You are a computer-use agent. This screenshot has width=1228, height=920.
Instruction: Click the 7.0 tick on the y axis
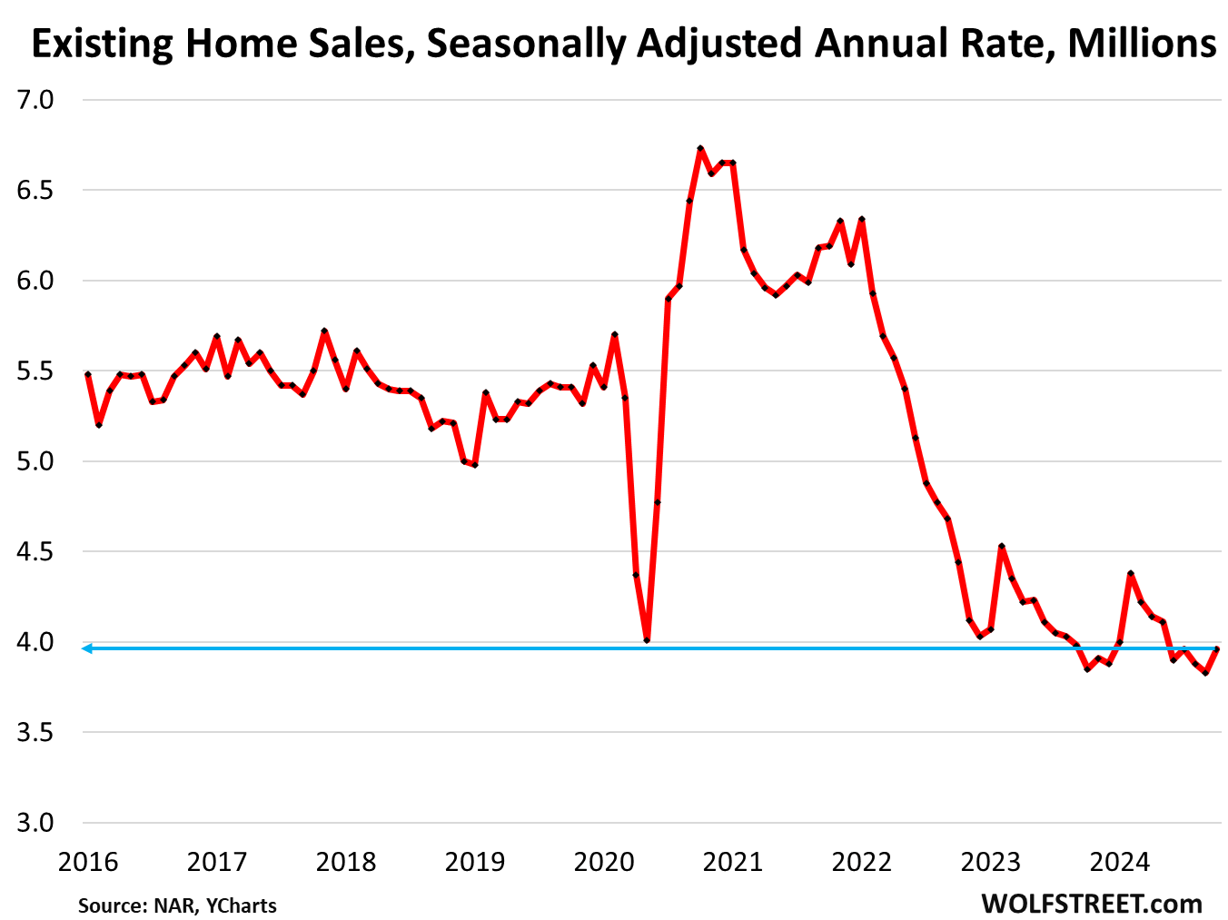pyautogui.click(x=35, y=100)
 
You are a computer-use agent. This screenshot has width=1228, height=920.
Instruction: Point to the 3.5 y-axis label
pyautogui.click(x=35, y=733)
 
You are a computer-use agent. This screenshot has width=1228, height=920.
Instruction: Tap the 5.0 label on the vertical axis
pyautogui.click(x=35, y=461)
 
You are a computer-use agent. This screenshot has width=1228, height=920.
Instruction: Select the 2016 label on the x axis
pyautogui.click(x=88, y=861)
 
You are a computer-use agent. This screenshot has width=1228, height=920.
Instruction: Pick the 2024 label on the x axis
pyautogui.click(x=1120, y=861)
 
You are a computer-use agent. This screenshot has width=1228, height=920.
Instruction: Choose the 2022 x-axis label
pyautogui.click(x=862, y=861)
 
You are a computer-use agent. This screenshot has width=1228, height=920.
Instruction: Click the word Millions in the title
pyautogui.click(x=1142, y=43)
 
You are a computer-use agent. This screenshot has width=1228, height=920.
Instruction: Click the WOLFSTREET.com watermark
pyautogui.click(x=1091, y=904)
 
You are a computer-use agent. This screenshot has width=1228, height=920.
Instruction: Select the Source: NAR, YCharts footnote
pyautogui.click(x=177, y=905)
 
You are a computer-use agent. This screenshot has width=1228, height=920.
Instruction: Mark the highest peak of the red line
pyautogui.click(x=700, y=148)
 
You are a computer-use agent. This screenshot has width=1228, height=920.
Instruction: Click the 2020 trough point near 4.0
pyautogui.click(x=647, y=640)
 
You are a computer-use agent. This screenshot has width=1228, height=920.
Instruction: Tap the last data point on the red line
pyautogui.click(x=1216, y=649)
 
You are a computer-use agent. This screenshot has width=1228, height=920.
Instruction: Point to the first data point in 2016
pyautogui.click(x=88, y=374)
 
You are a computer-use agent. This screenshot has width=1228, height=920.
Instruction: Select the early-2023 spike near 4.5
pyautogui.click(x=1001, y=547)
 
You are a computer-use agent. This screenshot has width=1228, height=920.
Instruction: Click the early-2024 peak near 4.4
pyautogui.click(x=1130, y=574)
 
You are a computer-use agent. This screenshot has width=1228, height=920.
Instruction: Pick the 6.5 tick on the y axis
pyautogui.click(x=35, y=191)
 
